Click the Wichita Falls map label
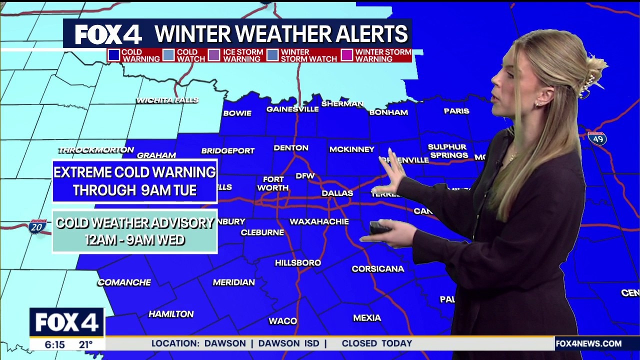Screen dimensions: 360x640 coord(167,100)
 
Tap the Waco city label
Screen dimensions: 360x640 coord(283,321)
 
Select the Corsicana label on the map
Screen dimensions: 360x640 coord(377,269)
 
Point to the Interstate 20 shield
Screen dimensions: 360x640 coord(37,226)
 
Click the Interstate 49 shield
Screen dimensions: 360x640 coord(597,138)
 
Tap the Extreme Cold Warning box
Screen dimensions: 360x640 coord(135,181)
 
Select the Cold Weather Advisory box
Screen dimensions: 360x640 coord(135,231)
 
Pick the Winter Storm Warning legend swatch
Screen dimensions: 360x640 coord(347,55)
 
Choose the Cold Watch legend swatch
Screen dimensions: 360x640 coord(169,55)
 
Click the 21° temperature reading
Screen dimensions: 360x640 coord(86,344)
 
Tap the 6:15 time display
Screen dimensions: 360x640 coord(54,344)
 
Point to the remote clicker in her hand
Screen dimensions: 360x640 coord(380,228)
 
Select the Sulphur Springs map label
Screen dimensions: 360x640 coord(447,151)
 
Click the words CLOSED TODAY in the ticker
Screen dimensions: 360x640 coord(377,343)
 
